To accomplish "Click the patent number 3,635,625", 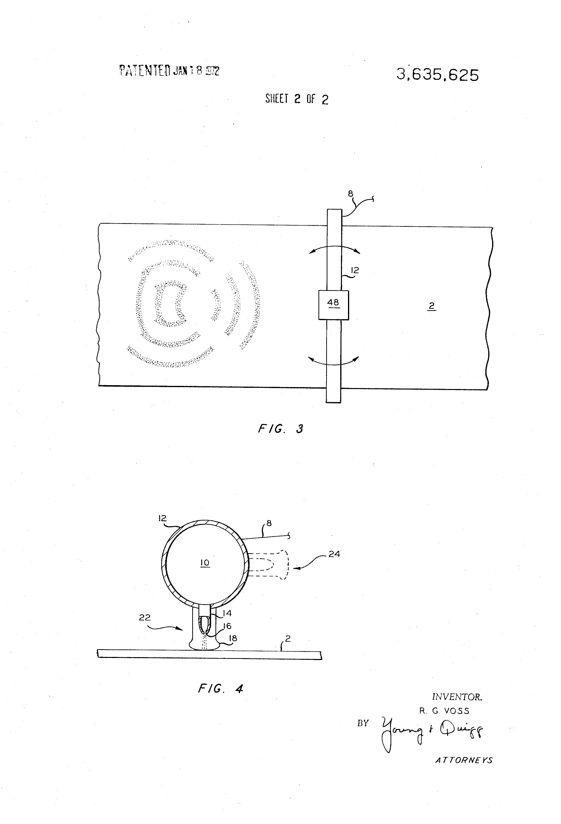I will (438, 75).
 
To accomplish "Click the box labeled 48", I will (333, 305).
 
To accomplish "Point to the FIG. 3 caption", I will (280, 429).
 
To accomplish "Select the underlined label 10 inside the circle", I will (205, 563).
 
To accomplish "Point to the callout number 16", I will (227, 626).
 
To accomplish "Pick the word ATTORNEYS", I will (464, 760).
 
